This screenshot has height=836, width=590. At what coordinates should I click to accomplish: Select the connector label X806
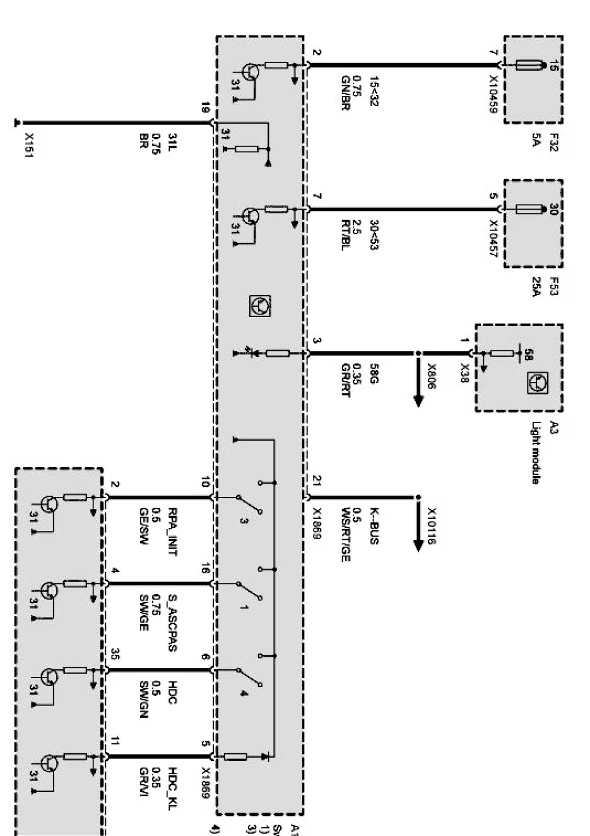tap(431, 376)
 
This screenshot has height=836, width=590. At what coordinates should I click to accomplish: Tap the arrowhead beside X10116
tap(418, 544)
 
